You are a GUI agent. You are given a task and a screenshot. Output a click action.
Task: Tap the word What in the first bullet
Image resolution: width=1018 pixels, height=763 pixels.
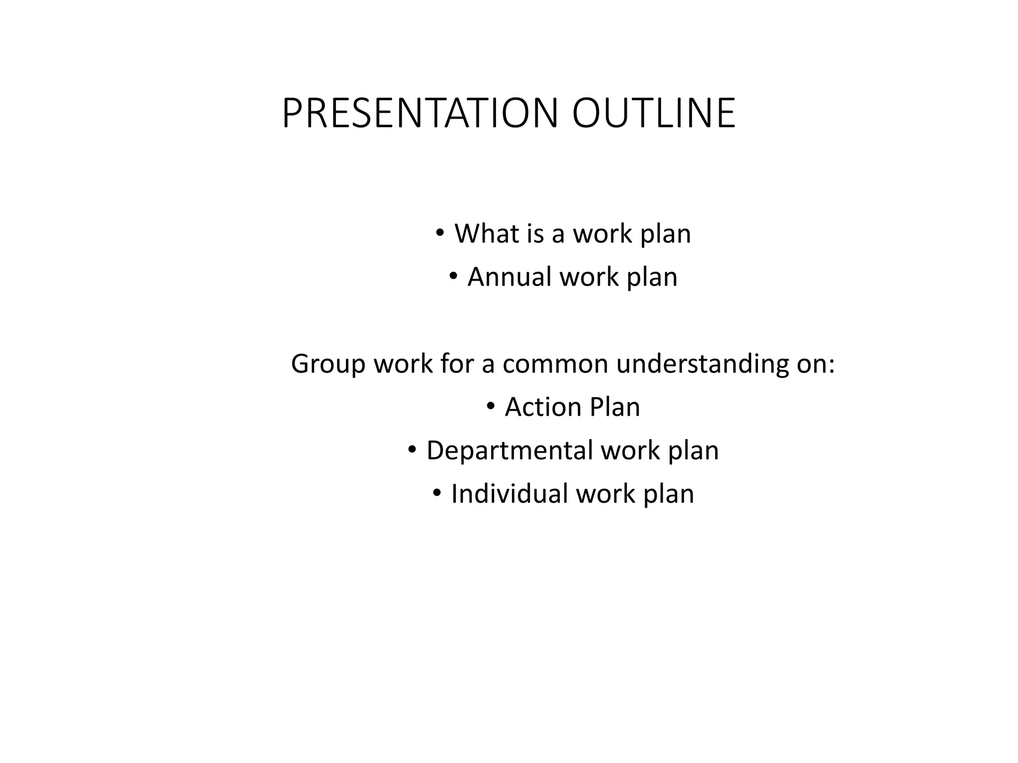tap(487, 233)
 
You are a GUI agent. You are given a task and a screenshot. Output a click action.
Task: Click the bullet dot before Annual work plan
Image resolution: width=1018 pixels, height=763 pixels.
tap(453, 276)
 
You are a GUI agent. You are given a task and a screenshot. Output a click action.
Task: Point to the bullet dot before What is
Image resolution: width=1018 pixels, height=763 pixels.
tap(439, 232)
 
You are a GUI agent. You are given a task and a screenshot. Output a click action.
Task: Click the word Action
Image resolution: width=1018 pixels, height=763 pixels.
tap(543, 407)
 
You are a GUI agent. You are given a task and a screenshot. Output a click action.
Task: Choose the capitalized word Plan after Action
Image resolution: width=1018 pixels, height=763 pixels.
tap(615, 407)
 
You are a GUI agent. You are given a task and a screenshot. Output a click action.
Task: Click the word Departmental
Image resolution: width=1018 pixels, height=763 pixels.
tap(509, 451)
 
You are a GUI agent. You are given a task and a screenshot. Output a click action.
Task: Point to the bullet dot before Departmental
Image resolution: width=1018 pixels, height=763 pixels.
tap(412, 450)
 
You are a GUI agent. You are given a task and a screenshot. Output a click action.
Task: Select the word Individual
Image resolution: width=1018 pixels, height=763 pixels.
tap(509, 494)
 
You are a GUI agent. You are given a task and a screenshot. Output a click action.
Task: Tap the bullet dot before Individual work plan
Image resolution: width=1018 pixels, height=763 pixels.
tap(436, 493)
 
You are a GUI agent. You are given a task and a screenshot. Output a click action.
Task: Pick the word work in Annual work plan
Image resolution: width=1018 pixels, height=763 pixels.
tap(589, 277)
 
